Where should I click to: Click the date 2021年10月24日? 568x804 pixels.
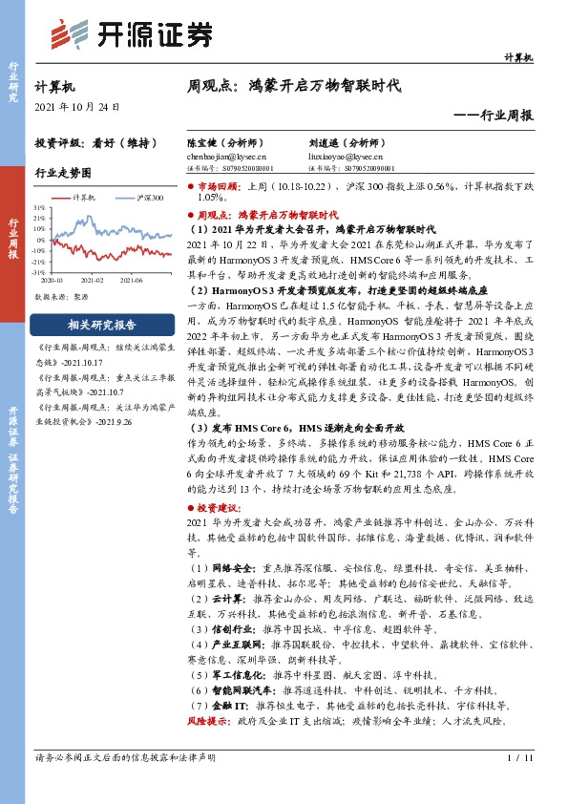click(x=77, y=107)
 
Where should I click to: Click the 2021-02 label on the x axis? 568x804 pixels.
click(x=93, y=281)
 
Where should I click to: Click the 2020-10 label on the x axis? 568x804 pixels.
click(x=53, y=281)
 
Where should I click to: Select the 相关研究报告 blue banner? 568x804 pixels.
click(x=95, y=324)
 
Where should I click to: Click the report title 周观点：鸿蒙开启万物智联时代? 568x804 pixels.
click(x=294, y=85)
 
